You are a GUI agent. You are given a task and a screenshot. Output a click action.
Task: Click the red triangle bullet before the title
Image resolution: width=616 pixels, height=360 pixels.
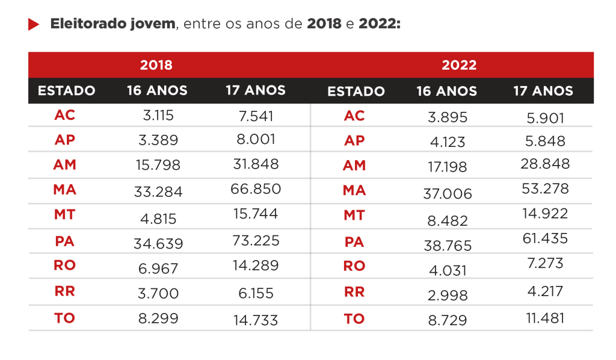[34, 25]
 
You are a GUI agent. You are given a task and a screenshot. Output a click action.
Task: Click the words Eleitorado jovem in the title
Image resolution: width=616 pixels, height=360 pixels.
[113, 25]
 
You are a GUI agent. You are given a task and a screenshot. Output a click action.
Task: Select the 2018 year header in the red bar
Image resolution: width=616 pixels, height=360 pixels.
[156, 65]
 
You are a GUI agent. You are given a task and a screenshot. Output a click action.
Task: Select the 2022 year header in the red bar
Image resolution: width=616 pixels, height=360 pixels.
[459, 65]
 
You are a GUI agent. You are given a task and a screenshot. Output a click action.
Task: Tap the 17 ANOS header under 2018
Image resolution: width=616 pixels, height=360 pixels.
[256, 91]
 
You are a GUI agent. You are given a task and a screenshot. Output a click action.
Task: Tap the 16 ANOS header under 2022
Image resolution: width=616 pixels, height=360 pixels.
[447, 92]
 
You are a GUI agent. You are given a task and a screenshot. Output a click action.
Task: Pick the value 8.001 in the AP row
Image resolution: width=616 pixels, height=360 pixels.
[256, 139]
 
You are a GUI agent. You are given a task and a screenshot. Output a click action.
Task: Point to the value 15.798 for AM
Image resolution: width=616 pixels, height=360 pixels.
[158, 165]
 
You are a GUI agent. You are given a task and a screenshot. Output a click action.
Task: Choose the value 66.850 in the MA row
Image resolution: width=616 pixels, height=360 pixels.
[256, 189]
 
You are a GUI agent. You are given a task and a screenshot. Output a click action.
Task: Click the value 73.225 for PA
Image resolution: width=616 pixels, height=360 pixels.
[256, 241]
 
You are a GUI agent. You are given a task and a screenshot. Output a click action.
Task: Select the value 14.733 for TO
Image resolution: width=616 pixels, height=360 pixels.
[256, 320]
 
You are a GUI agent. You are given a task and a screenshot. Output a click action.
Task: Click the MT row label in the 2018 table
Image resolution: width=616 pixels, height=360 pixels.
[64, 215]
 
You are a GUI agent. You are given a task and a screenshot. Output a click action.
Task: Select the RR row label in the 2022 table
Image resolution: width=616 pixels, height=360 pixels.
[354, 292]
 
